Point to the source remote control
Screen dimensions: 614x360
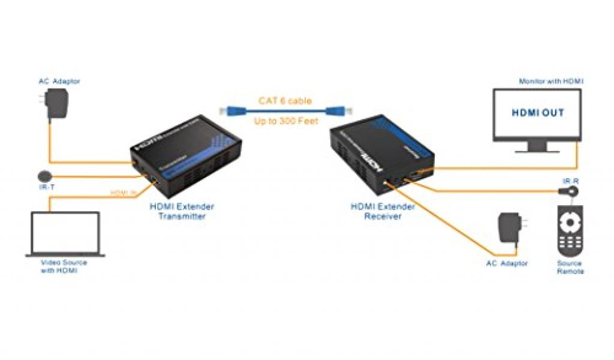(569, 232)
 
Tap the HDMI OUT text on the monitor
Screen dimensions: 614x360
(537, 113)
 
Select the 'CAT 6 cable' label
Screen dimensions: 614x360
(285, 101)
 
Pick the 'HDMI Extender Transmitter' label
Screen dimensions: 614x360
(182, 211)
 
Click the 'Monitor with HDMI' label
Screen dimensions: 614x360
(551, 80)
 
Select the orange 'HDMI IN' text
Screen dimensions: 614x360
(125, 192)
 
